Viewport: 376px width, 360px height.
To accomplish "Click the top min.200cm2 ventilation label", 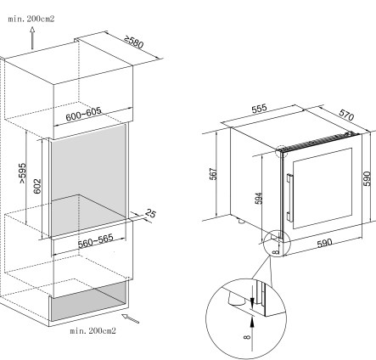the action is [31, 19].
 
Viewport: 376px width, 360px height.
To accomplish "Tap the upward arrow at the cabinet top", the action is [32, 38].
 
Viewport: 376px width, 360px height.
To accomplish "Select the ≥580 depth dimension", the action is [134, 42].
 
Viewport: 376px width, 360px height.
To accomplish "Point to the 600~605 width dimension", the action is [83, 114].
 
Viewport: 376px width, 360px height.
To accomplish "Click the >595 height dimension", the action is [23, 172].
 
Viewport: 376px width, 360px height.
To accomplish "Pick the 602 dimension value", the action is [37, 186].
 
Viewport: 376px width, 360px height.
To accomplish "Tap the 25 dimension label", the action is [151, 213].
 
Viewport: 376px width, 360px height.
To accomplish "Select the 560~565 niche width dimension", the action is [96, 240].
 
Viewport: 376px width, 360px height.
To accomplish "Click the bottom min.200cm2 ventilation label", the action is [93, 330].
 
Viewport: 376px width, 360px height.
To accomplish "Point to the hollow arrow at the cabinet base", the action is [130, 318].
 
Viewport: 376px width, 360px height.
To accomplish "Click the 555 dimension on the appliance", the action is [259, 109].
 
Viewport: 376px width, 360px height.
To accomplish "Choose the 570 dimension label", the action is [346, 115].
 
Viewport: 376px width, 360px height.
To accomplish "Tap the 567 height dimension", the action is [213, 174].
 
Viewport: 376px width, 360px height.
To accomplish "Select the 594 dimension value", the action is [259, 198].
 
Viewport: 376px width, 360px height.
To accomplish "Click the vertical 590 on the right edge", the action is [367, 178].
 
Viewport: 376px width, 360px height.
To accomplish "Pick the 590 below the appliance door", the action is [324, 243].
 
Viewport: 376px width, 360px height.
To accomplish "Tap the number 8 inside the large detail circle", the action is [247, 336].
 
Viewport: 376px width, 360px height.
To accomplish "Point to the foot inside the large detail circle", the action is [235, 299].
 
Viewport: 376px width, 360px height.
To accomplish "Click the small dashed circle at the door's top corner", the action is [281, 151].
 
